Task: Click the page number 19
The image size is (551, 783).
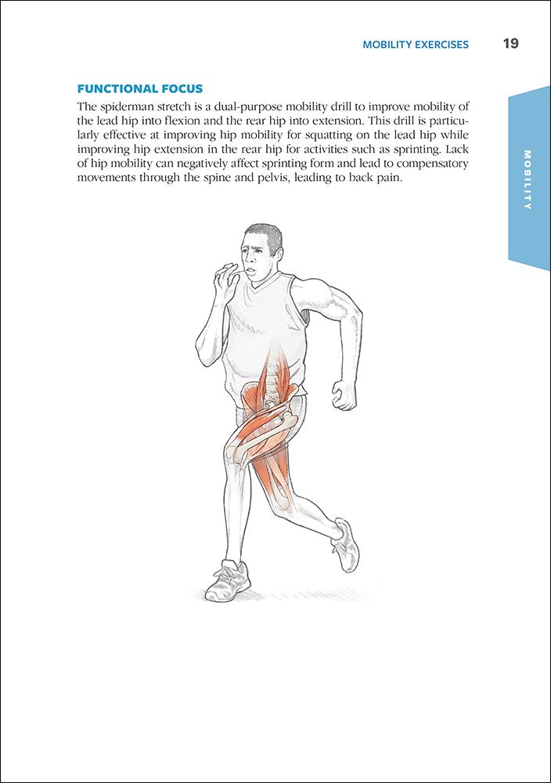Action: (x=510, y=44)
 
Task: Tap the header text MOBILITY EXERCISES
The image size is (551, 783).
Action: (x=416, y=45)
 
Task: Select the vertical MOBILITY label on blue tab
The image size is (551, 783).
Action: (x=528, y=179)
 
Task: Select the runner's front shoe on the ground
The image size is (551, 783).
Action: (x=227, y=583)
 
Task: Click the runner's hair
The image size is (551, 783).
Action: (x=264, y=233)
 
